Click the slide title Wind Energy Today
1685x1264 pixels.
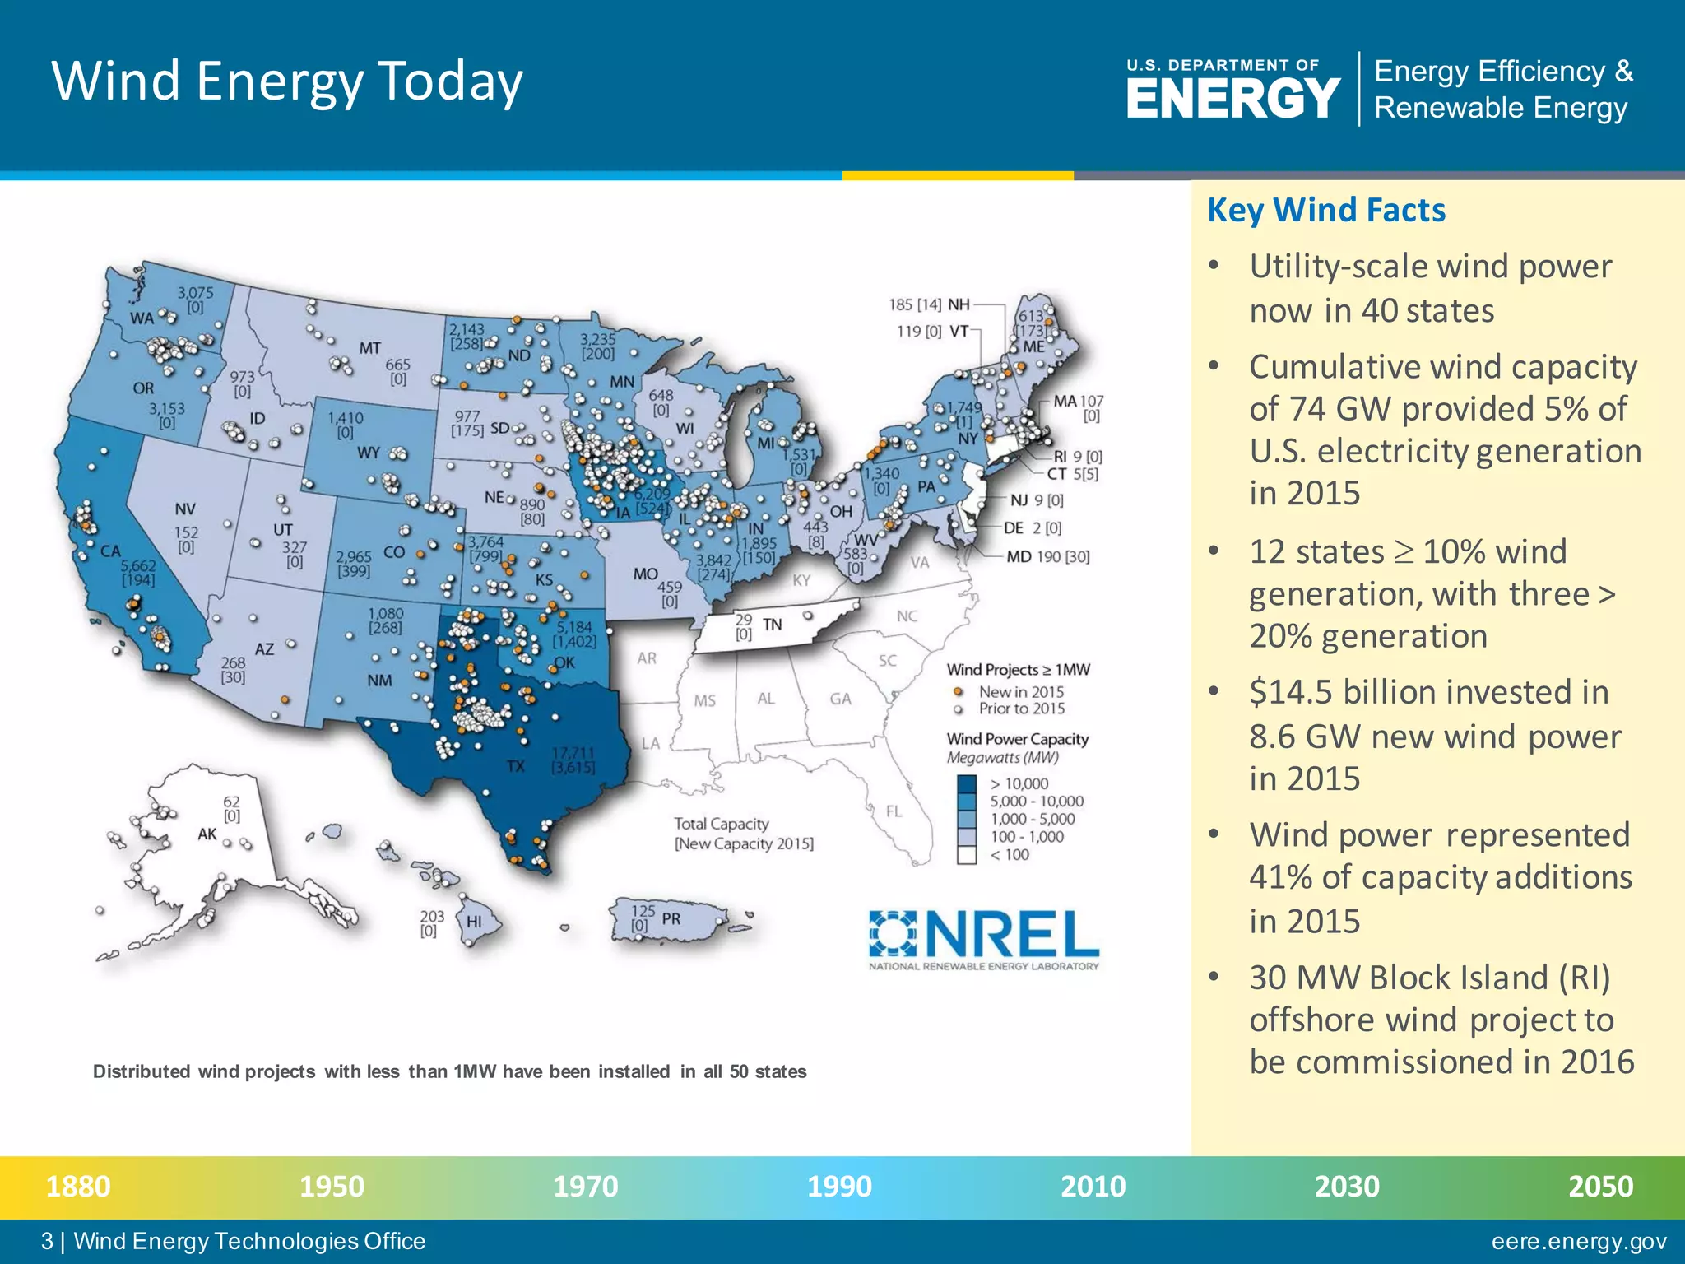286,81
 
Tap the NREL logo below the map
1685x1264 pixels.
984,939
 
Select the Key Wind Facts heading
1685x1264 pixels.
1325,211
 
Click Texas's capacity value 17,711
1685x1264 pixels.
573,753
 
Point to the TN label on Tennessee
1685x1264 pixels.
772,625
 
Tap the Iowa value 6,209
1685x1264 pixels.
652,494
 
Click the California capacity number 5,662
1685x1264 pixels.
137,565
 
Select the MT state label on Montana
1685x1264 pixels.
369,348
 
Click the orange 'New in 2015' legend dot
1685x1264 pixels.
958,692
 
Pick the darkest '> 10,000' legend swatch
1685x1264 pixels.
967,783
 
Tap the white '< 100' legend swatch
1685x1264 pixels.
967,855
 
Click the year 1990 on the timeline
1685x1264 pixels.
838,1187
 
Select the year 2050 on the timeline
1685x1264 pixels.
1599,1187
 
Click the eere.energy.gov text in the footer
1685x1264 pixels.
1579,1241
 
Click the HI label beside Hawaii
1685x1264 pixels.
475,922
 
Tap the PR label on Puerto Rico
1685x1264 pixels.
671,918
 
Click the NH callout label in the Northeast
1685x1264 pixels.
959,304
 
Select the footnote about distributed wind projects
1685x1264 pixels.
449,1071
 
